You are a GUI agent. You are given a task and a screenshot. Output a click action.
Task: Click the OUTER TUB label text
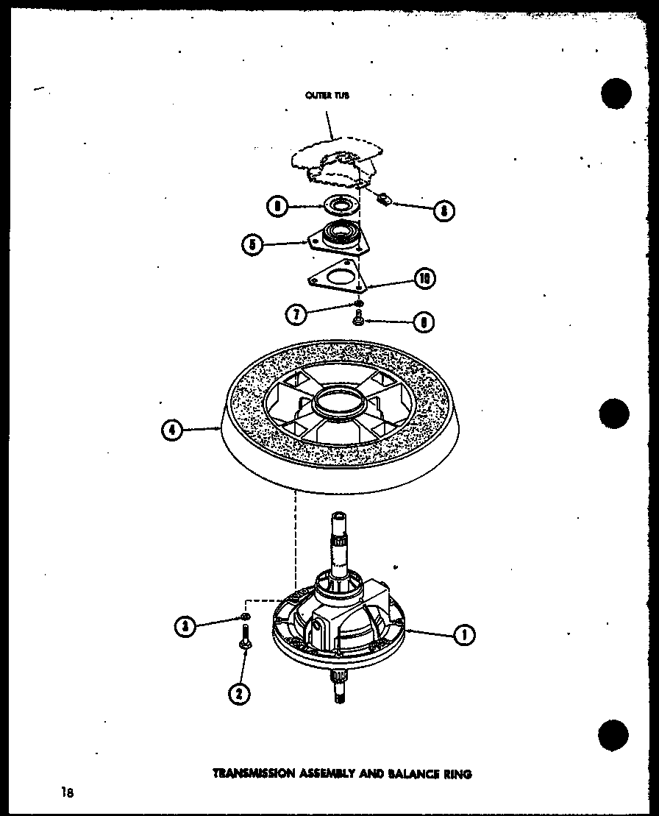coord(322,95)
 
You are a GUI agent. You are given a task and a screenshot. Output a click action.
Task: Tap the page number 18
coord(67,792)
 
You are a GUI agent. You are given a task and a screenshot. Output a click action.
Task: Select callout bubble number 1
coord(463,634)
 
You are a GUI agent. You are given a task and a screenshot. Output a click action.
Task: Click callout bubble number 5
coord(253,244)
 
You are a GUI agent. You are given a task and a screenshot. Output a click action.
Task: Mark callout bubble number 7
coord(295,314)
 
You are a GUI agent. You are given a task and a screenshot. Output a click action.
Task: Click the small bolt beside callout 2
coord(243,636)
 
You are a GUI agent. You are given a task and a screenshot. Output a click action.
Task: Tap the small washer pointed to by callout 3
coord(246,616)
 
